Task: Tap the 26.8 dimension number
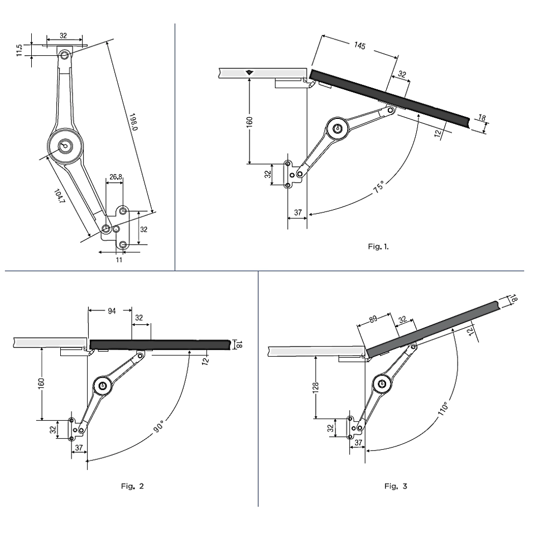(x=115, y=177)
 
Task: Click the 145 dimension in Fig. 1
(x=359, y=46)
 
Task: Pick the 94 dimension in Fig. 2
(x=112, y=311)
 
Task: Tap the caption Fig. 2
(x=132, y=486)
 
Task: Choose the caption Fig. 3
(x=396, y=486)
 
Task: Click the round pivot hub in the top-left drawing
(x=65, y=145)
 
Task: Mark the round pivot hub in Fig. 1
(x=336, y=128)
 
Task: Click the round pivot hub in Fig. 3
(x=381, y=383)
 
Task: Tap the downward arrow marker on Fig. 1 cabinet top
(x=249, y=73)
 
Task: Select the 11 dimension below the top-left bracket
(x=118, y=259)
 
